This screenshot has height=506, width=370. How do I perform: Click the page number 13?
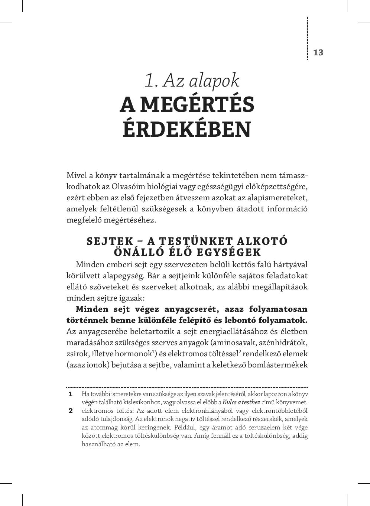click(318, 52)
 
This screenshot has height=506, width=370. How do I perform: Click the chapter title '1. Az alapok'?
click(192, 80)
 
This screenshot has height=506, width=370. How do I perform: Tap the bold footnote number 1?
click(70, 394)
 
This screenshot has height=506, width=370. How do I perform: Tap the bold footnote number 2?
click(70, 411)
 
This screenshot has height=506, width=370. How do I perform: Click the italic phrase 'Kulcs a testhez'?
click(241, 402)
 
